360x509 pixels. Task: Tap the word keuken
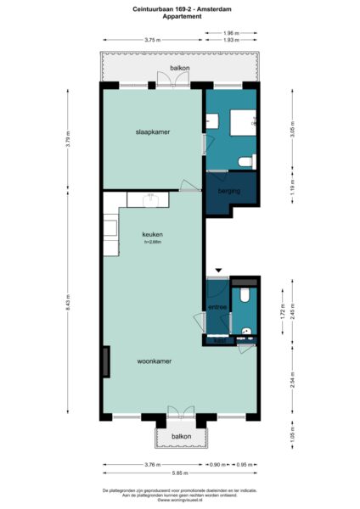(152, 234)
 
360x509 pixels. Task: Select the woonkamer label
(155, 361)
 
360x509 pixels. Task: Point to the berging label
(229, 192)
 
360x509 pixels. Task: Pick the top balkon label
(179, 67)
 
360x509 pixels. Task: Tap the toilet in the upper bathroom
(245, 160)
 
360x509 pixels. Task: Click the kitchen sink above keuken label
(149, 199)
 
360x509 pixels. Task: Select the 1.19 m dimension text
(292, 189)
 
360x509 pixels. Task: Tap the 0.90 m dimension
(217, 464)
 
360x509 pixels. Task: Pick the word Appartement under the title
(179, 17)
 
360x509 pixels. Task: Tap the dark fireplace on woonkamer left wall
(105, 362)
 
